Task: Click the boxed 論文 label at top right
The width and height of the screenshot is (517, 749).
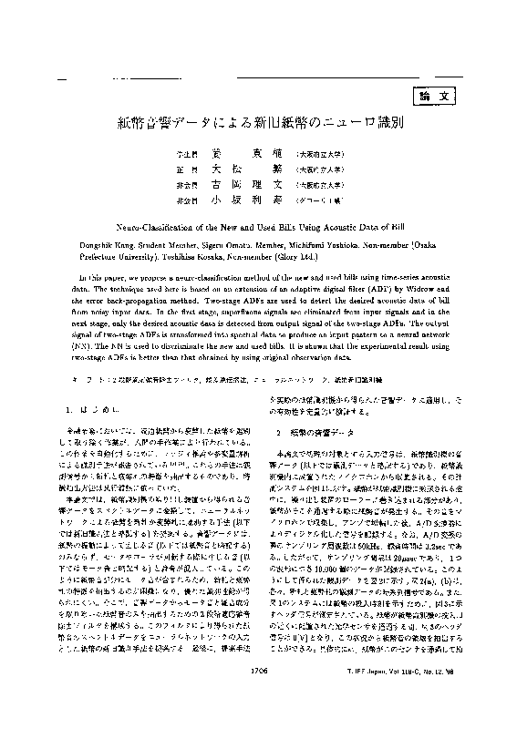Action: coord(432,96)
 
